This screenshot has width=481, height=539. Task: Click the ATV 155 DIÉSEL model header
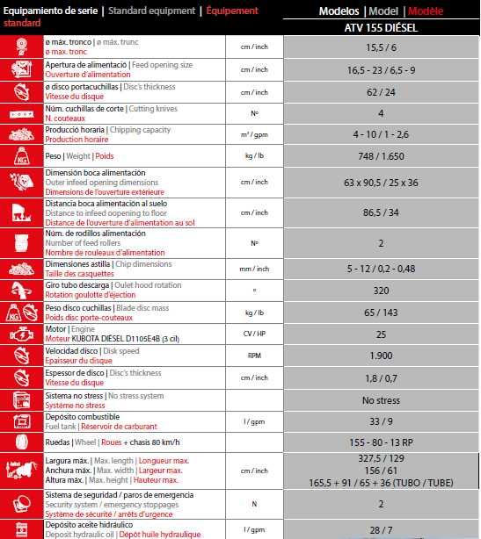coord(381,27)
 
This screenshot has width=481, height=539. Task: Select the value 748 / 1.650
coord(381,155)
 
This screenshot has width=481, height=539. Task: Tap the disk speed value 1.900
coord(381,355)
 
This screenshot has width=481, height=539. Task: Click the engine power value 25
coord(381,334)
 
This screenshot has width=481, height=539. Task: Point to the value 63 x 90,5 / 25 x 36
coord(381,183)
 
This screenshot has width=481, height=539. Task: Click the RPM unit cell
coord(253,355)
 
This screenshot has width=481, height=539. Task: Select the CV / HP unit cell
coord(253,334)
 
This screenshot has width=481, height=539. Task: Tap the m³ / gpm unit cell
coord(253,133)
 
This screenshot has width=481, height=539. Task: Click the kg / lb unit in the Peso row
coord(253,155)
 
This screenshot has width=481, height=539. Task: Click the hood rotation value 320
coord(381,290)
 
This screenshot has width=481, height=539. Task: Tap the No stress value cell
coord(381,399)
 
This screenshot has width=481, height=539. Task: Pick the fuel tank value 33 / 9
coord(381,421)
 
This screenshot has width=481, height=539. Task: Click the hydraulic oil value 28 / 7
coord(381,529)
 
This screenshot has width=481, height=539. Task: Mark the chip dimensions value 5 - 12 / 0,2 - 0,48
coord(381,268)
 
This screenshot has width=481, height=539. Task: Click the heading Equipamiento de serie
coord(49,11)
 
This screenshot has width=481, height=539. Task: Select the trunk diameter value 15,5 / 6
coord(381,47)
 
